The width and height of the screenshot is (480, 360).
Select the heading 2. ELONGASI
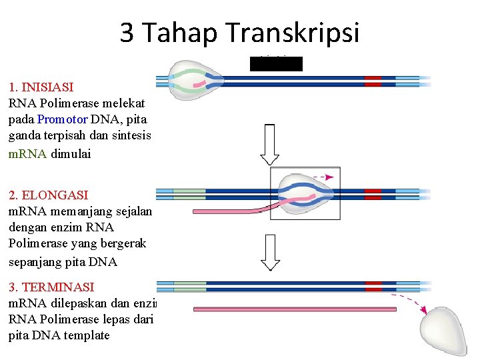point(49,195)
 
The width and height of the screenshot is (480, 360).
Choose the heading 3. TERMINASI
point(51,287)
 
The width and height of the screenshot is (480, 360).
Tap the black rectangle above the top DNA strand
point(275,64)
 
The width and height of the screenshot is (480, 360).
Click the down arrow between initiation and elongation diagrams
point(269,144)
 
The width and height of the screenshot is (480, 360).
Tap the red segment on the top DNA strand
point(373,81)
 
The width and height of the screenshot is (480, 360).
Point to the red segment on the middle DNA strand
point(373,194)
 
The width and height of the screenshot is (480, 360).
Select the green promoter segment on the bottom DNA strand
point(189,287)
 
